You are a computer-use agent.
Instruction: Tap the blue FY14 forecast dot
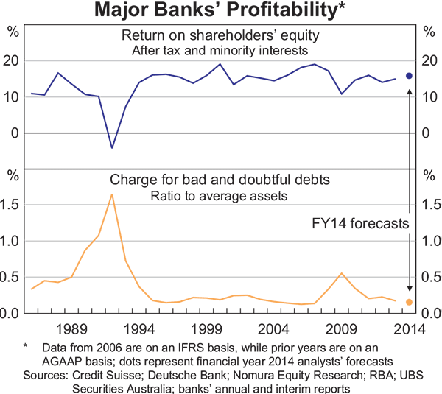tap(410, 76)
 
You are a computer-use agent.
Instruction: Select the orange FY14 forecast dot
tap(410, 302)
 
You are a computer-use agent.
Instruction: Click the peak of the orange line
tap(112, 194)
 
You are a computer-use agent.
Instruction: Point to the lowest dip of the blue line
tap(112, 148)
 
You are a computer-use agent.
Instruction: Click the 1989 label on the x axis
tap(72, 328)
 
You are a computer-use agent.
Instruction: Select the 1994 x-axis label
tap(139, 328)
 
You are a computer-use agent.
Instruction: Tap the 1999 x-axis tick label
tap(207, 328)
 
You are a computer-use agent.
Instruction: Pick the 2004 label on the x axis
tap(274, 328)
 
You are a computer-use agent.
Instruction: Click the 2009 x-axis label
tap(342, 328)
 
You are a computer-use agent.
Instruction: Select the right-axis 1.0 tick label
tap(429, 242)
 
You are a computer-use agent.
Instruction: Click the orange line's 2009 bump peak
tap(342, 273)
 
